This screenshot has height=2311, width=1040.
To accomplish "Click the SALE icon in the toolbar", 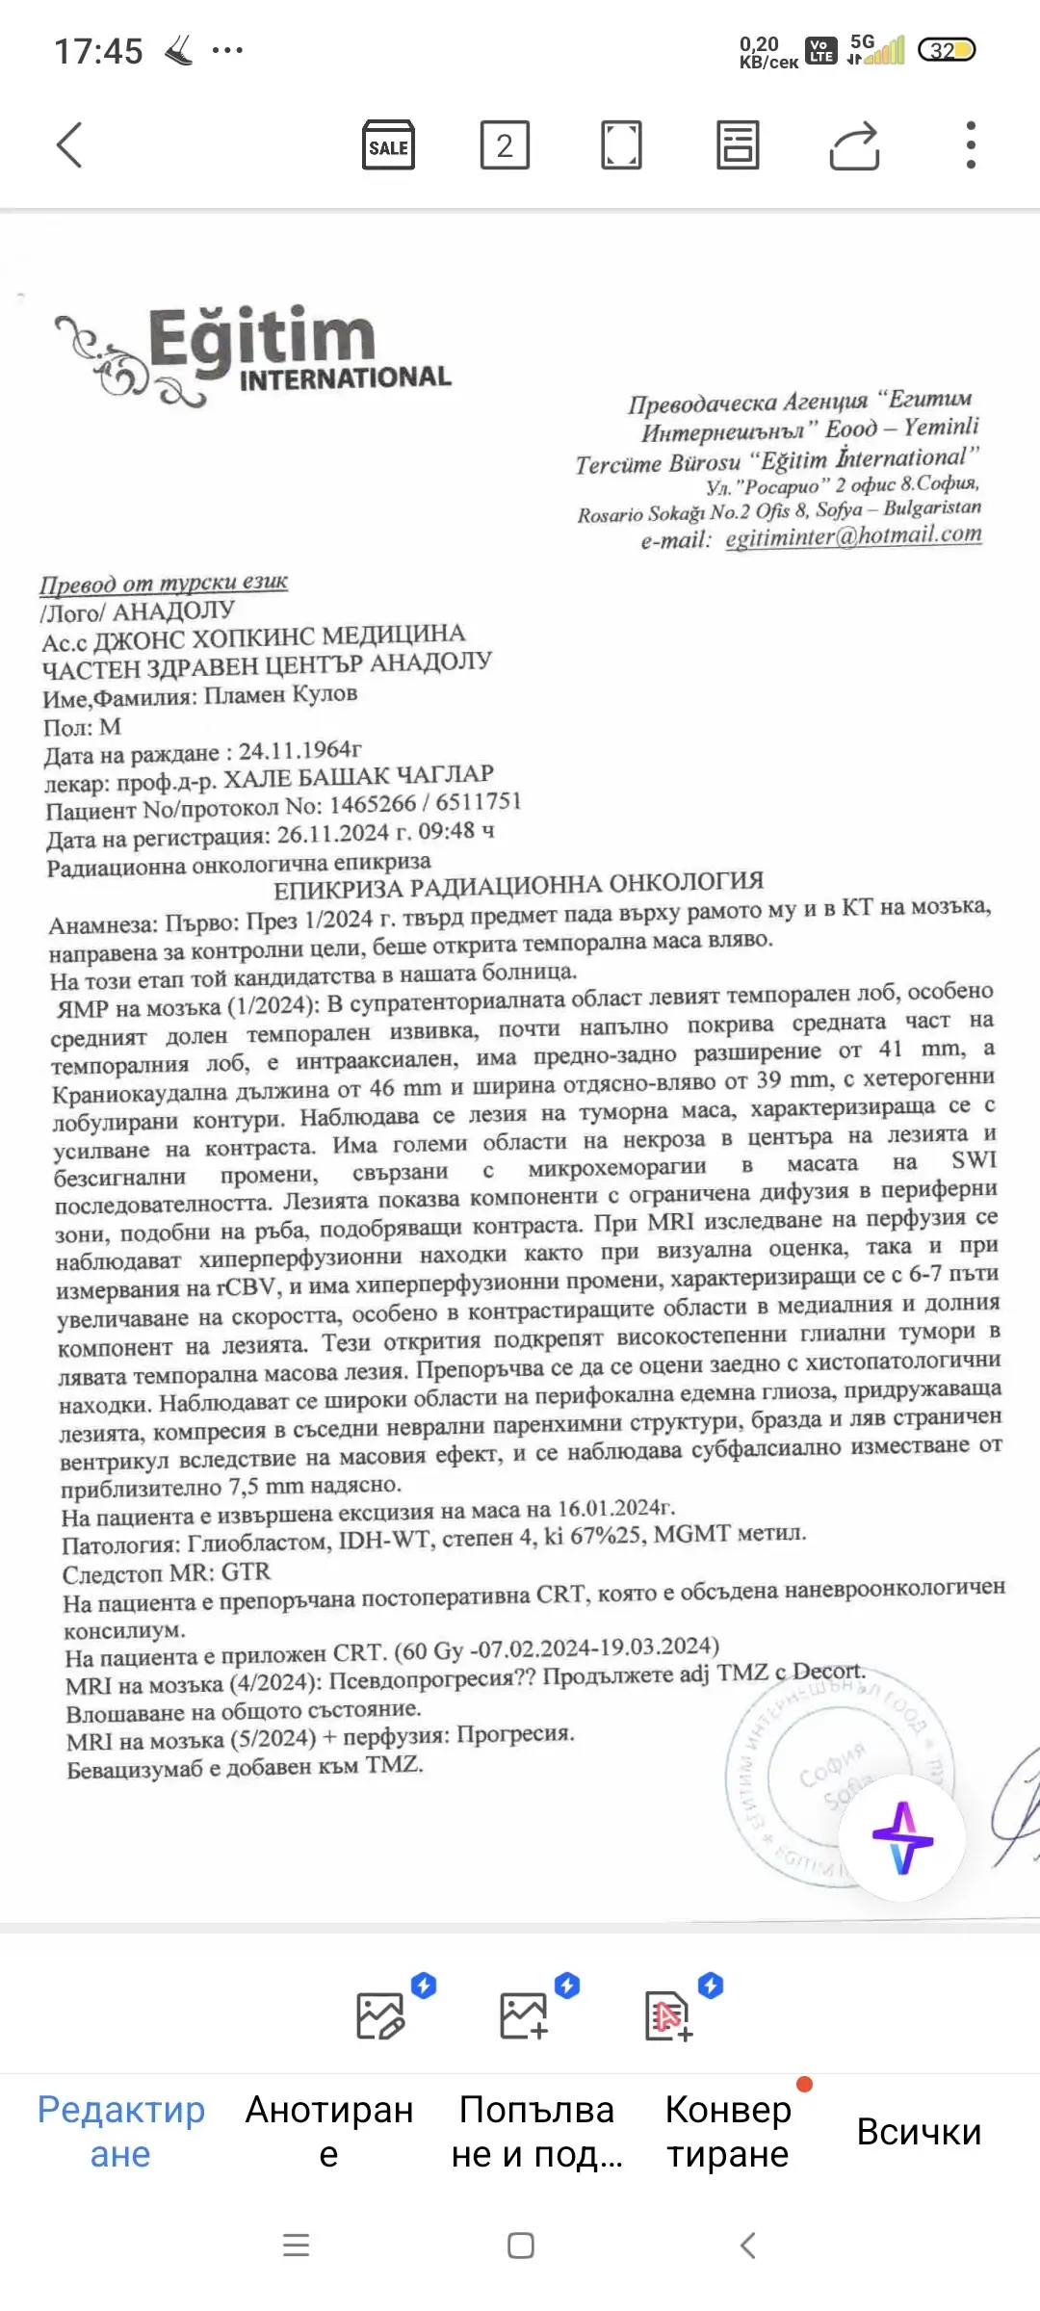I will (388, 145).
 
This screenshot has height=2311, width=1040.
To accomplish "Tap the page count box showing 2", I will (505, 145).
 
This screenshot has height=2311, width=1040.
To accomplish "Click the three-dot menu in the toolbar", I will (971, 145).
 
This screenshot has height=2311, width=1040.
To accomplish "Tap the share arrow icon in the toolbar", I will (854, 145).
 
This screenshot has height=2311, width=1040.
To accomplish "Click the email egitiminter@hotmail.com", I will (853, 535).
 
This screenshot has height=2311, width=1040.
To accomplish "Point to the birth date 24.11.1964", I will (299, 750).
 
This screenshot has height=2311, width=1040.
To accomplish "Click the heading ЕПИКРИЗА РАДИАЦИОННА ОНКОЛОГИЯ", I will (518, 884).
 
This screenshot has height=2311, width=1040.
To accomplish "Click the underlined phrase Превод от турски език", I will (164, 583).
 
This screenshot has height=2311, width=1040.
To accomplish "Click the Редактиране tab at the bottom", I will (120, 2131).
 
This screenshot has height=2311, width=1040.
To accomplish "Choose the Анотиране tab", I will (329, 2131).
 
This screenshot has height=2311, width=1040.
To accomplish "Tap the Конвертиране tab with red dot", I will (728, 2131).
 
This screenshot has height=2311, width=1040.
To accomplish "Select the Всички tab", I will (919, 2132).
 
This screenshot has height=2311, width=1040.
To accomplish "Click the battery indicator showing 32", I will (947, 50).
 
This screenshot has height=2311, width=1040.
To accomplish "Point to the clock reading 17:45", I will (98, 51).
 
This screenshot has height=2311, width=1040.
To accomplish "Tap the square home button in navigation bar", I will (521, 2246).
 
